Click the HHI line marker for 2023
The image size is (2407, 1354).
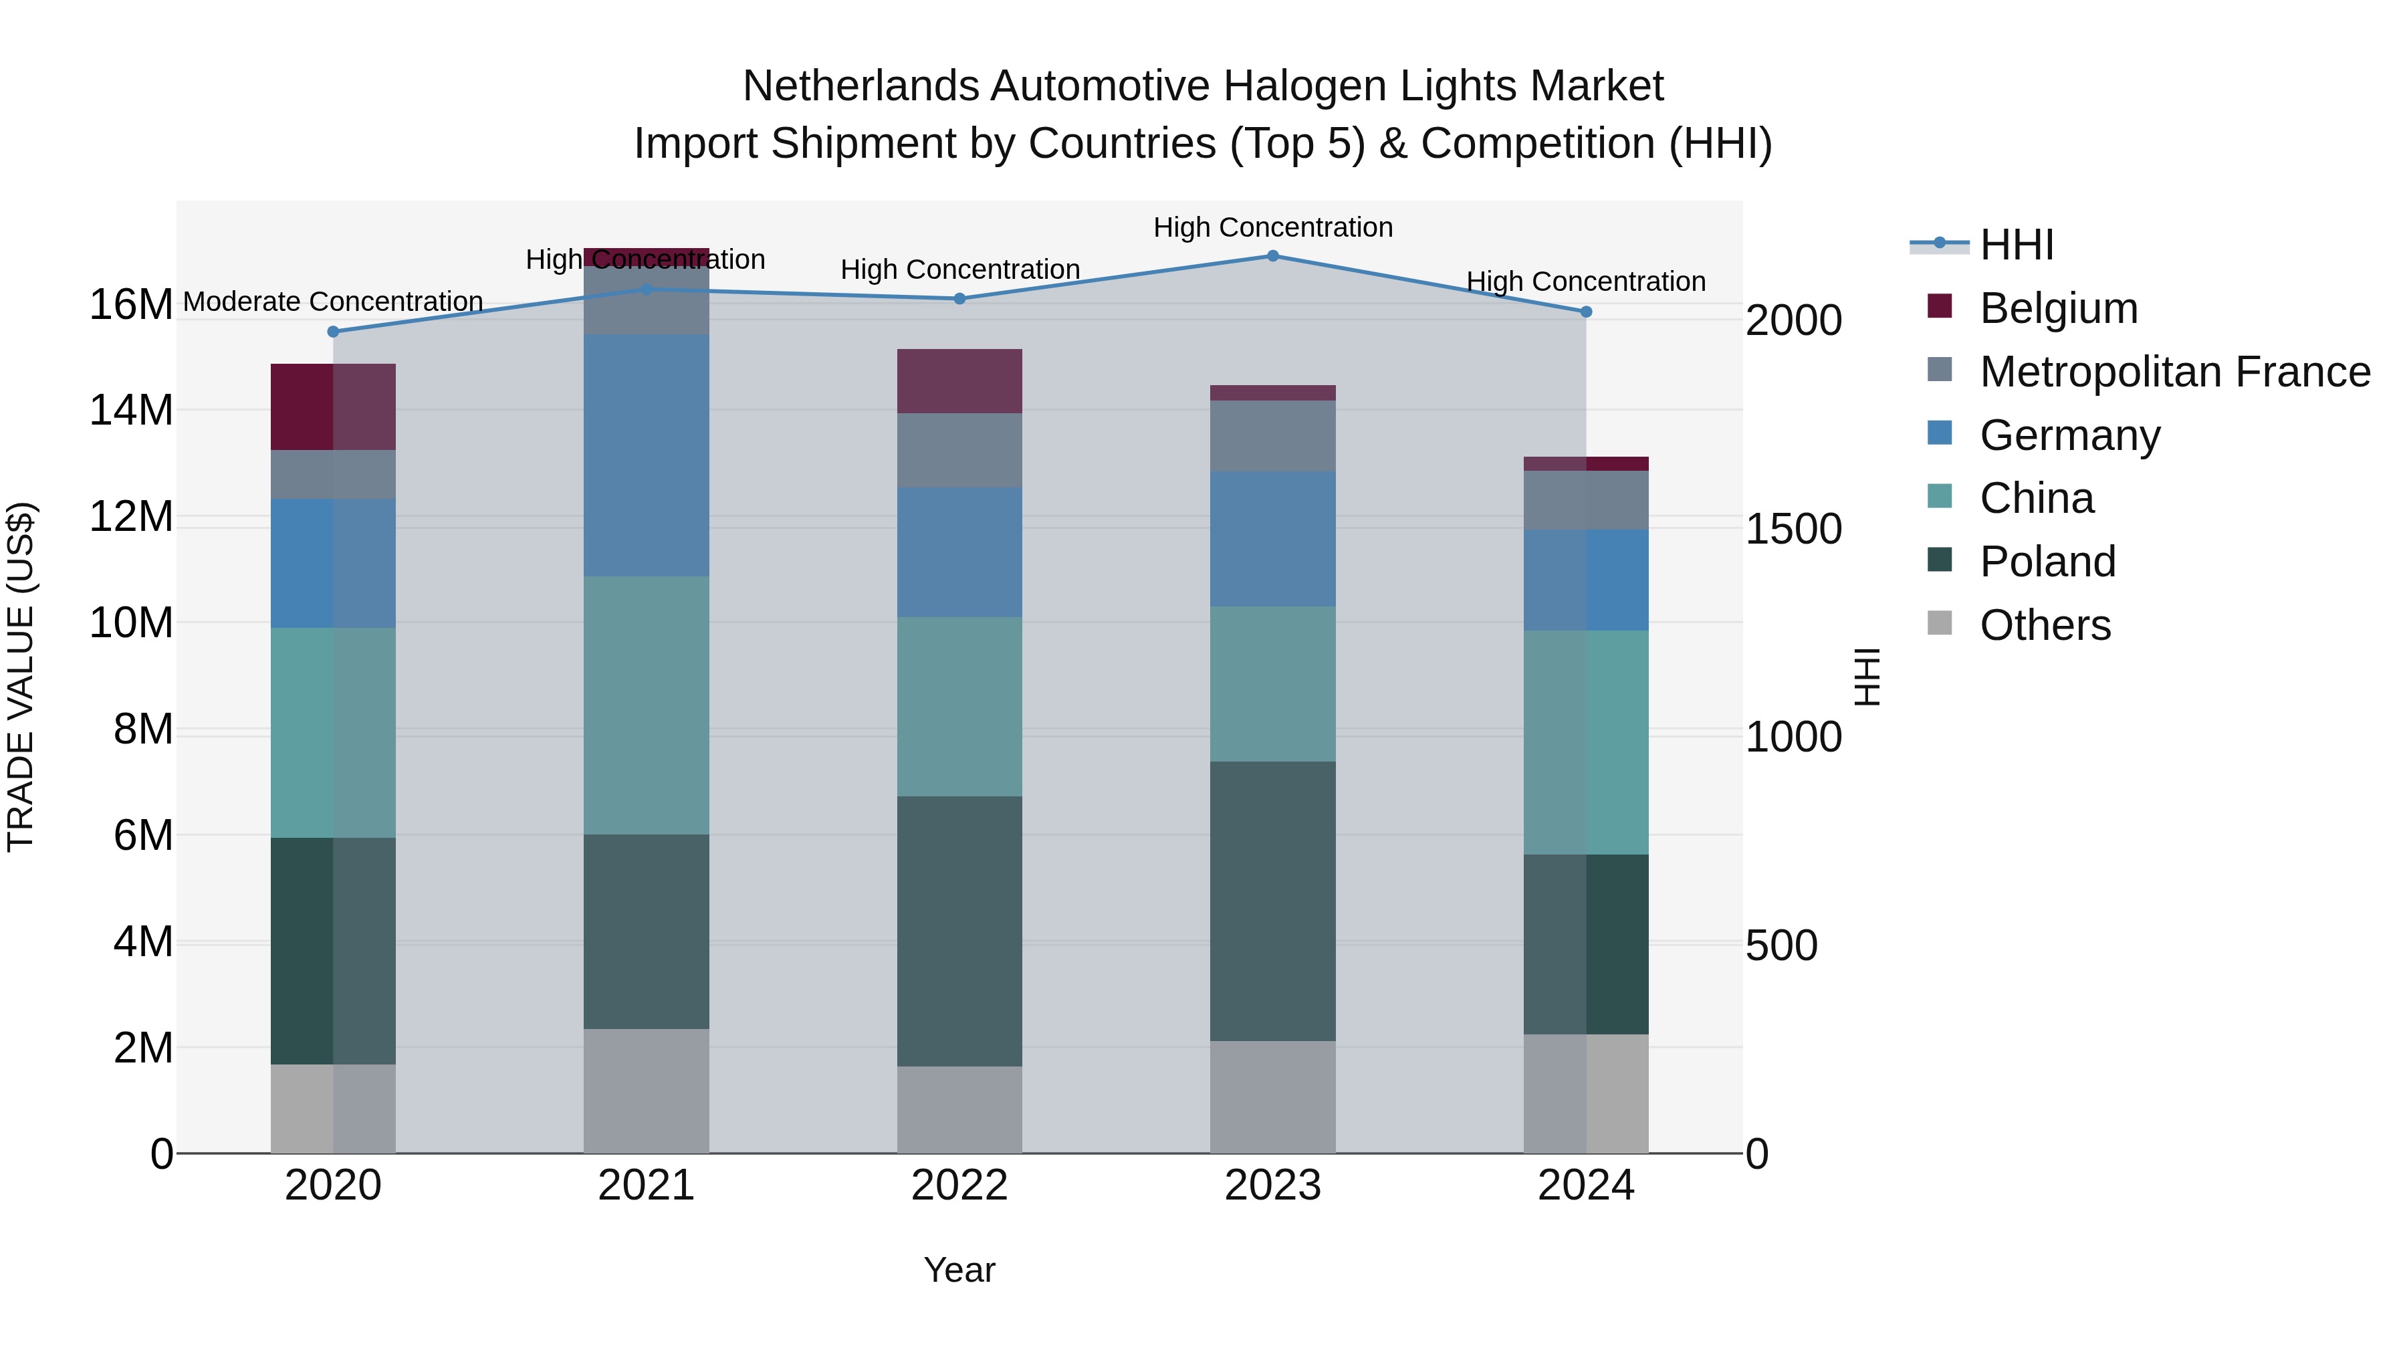click(1272, 255)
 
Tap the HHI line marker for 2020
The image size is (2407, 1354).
click(333, 331)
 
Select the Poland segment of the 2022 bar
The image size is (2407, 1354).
click(959, 931)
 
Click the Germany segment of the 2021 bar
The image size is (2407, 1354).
click(646, 455)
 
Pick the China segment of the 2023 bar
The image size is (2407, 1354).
click(1272, 683)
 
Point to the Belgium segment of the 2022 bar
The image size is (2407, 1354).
click(959, 381)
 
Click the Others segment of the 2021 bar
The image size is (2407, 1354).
click(646, 1091)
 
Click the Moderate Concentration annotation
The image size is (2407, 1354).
click(333, 302)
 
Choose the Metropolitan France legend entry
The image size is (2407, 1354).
click(2174, 372)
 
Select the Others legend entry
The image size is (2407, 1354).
click(2045, 625)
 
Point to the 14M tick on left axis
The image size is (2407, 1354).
click(131, 411)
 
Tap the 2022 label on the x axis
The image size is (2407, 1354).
click(959, 1186)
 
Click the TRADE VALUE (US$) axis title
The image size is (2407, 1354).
click(21, 677)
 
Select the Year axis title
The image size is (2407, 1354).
click(959, 1270)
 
